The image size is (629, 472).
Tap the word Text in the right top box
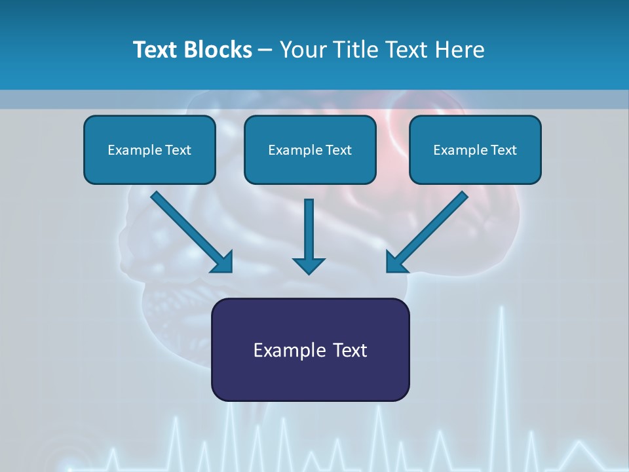pyautogui.click(x=504, y=150)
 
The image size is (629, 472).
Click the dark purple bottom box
pyautogui.click(x=310, y=380)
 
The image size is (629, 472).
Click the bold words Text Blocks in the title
pyautogui.click(x=192, y=50)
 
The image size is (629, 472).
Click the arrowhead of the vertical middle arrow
pyautogui.click(x=309, y=265)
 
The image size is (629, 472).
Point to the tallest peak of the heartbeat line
pyautogui.click(x=502, y=308)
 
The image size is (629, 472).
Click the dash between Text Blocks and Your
pyautogui.click(x=265, y=50)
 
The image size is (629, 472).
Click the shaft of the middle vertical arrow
pyautogui.click(x=309, y=226)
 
